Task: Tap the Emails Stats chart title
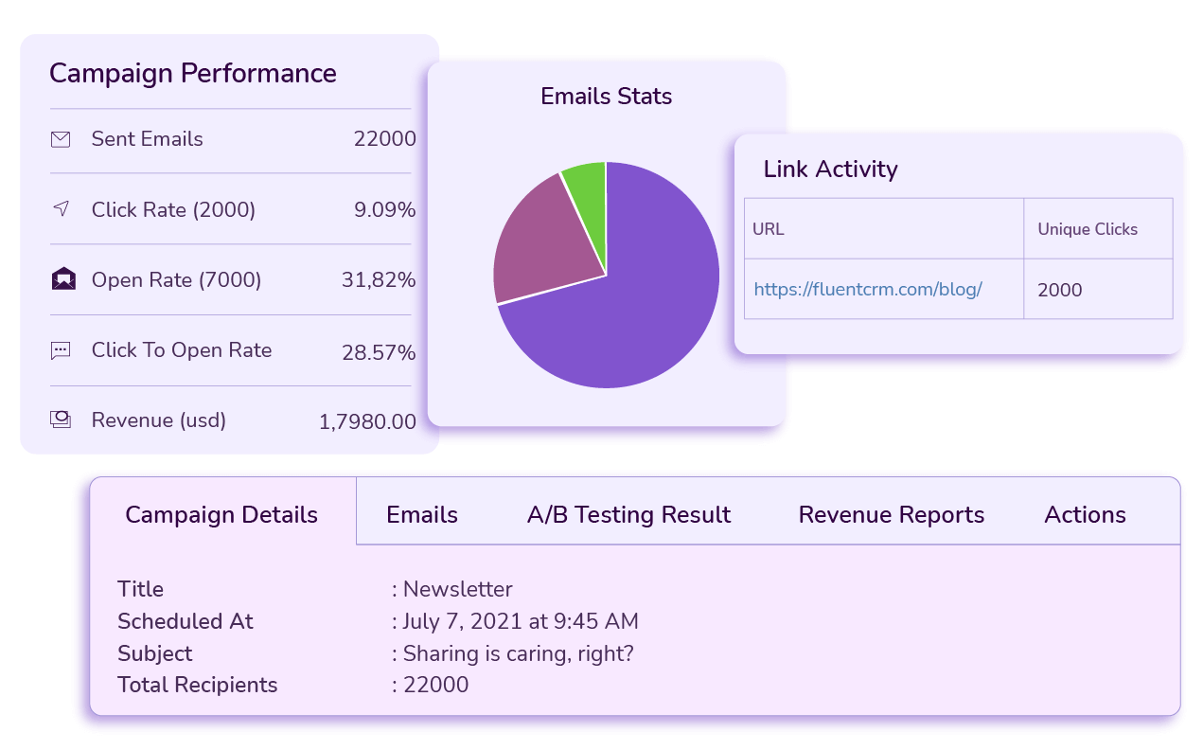pyautogui.click(x=606, y=97)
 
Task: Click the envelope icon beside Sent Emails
pyautogui.click(x=61, y=139)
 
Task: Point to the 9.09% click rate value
pyautogui.click(x=384, y=210)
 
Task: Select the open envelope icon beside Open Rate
pyautogui.click(x=62, y=279)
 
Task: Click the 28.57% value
pyautogui.click(x=379, y=353)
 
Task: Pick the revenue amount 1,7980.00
pyautogui.click(x=367, y=422)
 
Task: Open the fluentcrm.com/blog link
pyautogui.click(x=867, y=290)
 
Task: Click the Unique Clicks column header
pyautogui.click(x=1088, y=229)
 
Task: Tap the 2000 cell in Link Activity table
pyautogui.click(x=1059, y=291)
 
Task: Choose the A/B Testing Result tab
pyautogui.click(x=628, y=515)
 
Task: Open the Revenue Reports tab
pyautogui.click(x=891, y=515)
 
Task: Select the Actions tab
pyautogui.click(x=1085, y=515)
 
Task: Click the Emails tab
pyautogui.click(x=422, y=515)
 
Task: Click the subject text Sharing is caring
pyautogui.click(x=518, y=654)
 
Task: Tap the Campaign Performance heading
pyautogui.click(x=193, y=74)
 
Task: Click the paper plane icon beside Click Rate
pyautogui.click(x=61, y=208)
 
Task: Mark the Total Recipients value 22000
pyautogui.click(x=435, y=686)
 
